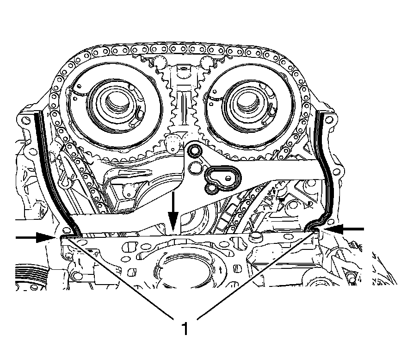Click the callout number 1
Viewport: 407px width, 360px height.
click(x=185, y=329)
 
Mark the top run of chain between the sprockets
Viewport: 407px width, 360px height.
click(x=180, y=49)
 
